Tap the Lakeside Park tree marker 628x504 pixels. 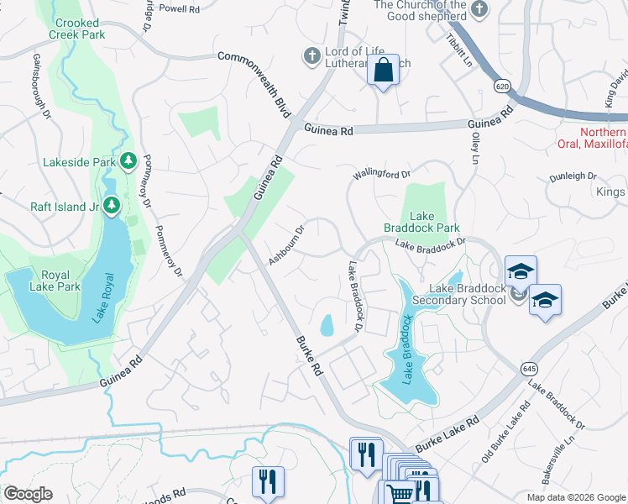tap(128, 160)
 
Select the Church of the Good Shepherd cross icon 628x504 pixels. tap(479, 9)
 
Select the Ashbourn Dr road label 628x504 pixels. tap(286, 244)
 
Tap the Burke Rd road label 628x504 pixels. tap(310, 356)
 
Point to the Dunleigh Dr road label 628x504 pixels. tap(573, 177)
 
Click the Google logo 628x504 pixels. tap(28, 494)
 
